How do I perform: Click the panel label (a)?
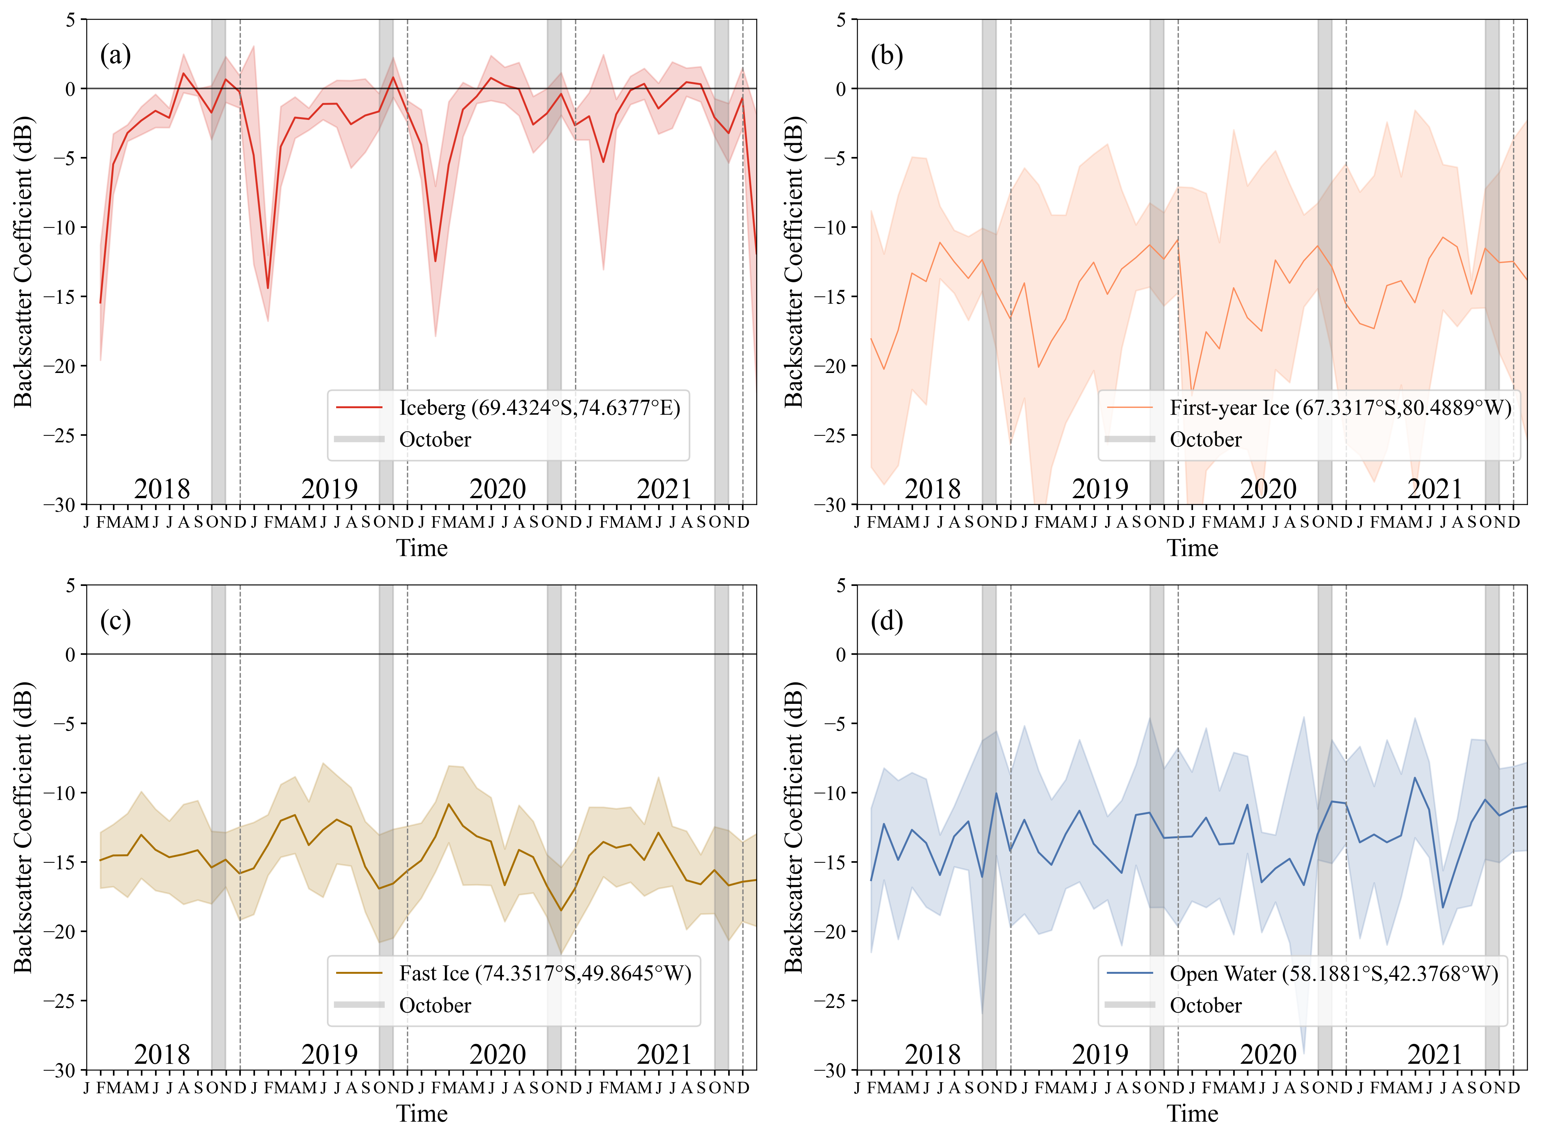[115, 55]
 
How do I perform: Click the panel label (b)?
[886, 55]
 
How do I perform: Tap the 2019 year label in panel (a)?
[330, 489]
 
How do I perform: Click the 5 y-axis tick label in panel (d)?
[840, 585]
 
